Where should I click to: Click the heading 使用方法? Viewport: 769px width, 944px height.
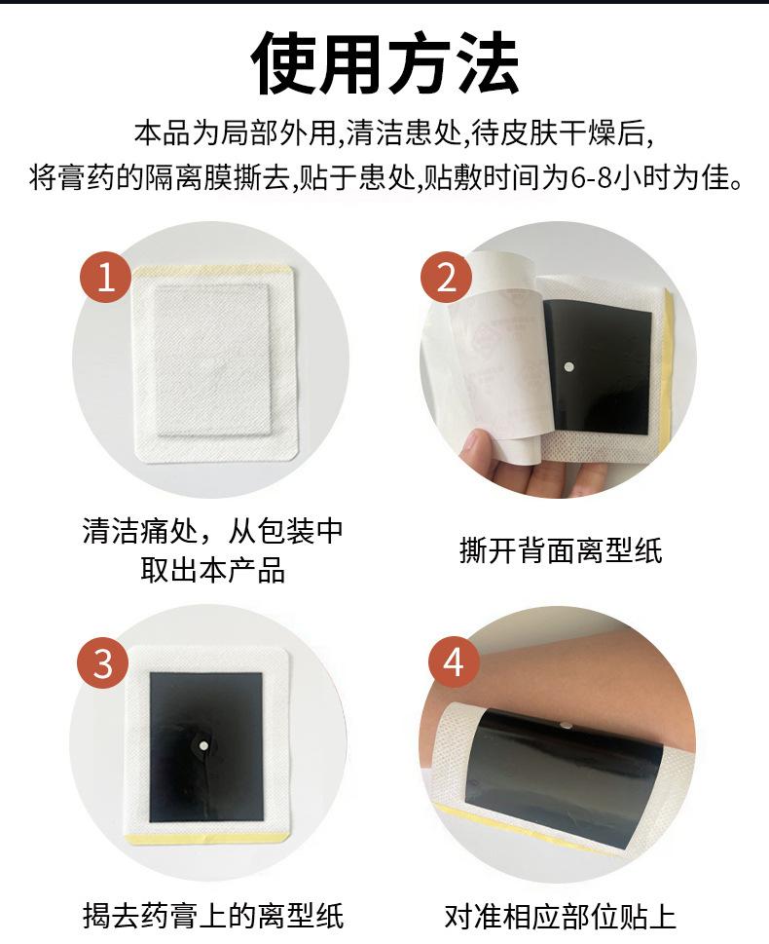point(385,64)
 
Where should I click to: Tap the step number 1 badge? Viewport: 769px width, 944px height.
point(106,278)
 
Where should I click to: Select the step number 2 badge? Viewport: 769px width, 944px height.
point(446,277)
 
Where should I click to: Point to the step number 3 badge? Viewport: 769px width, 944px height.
point(103,662)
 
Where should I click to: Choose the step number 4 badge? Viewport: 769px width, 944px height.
point(454,661)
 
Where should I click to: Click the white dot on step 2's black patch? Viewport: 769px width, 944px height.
point(569,366)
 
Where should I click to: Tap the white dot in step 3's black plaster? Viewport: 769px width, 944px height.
point(203,745)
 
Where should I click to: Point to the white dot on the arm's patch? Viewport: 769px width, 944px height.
point(565,726)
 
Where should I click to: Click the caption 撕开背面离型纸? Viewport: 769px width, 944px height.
point(561,550)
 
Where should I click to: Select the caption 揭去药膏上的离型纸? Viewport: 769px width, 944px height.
point(213,916)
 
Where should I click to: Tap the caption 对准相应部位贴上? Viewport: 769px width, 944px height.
point(561,916)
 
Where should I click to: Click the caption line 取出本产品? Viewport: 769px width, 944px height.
point(213,570)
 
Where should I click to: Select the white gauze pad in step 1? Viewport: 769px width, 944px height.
point(213,359)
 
